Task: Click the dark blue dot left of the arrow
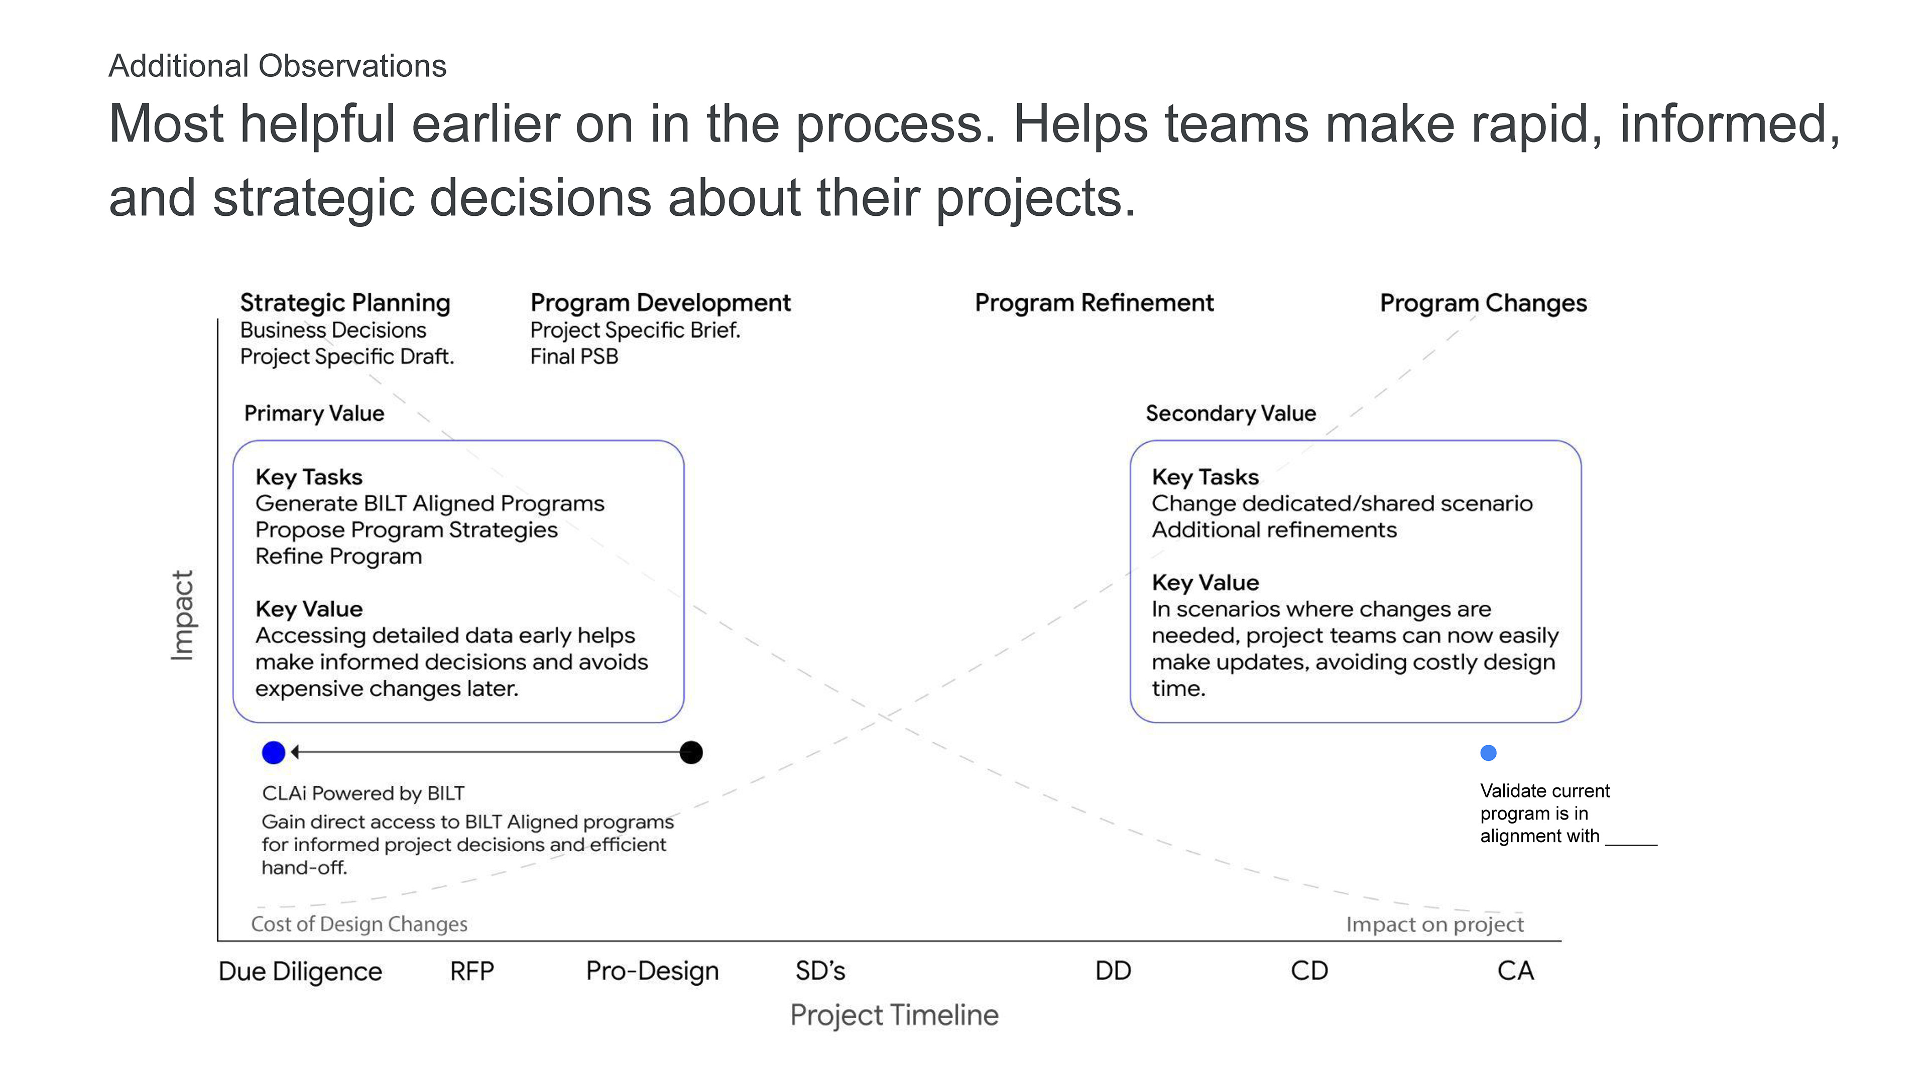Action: point(274,753)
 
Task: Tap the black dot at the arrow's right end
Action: point(691,753)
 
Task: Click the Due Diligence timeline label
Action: point(300,971)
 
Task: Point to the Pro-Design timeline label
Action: point(652,971)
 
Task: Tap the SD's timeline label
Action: point(820,971)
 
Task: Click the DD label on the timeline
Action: point(1113,971)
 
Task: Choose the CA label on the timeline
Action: point(1516,971)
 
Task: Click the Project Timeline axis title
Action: point(894,1015)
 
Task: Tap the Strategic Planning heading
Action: point(345,303)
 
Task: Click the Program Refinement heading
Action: point(1094,303)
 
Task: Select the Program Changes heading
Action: point(1484,303)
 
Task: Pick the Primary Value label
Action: point(314,413)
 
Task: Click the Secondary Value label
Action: point(1231,413)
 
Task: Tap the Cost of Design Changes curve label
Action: point(359,924)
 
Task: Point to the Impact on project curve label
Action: point(1435,924)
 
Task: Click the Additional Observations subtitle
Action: point(278,66)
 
